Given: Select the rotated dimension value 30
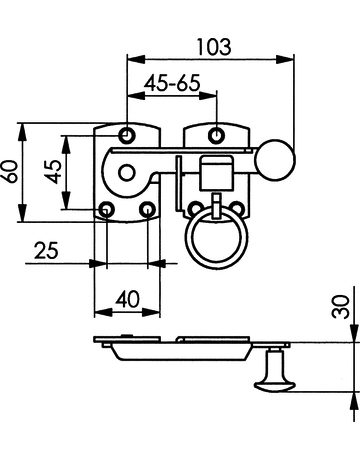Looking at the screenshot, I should pos(343,305).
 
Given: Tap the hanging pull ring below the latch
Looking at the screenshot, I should pos(211,240).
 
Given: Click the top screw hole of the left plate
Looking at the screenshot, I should pos(127,134).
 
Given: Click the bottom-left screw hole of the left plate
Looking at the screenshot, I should pos(107,209).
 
